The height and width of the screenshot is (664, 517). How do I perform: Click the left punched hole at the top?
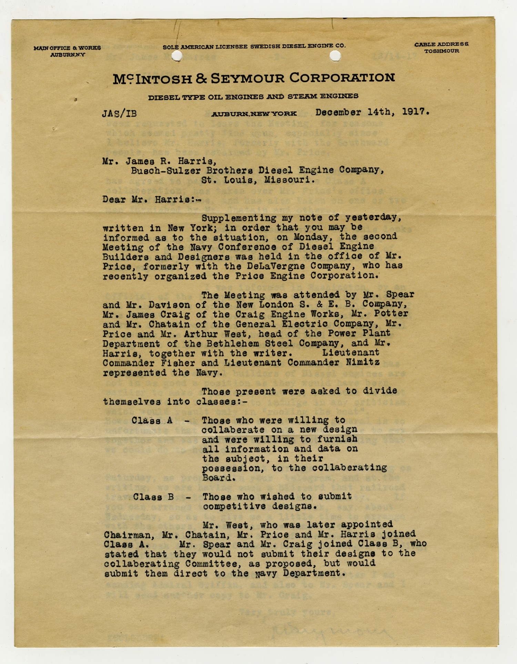coord(176,56)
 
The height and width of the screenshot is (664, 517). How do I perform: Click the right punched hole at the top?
coord(335,56)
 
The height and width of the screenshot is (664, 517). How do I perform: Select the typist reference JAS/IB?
coord(119,114)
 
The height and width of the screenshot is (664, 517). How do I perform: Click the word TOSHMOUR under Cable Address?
coord(442,51)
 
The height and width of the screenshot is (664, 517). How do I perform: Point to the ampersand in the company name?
coord(201,79)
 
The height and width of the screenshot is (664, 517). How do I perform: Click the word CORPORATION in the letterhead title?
coord(342,78)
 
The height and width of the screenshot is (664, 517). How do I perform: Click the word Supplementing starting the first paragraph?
coord(239,218)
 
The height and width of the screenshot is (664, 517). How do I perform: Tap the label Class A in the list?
coord(152,421)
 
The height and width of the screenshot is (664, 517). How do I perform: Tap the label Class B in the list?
coord(153,497)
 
